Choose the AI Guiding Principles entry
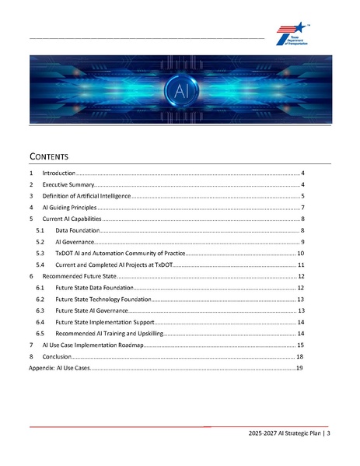pos(69,208)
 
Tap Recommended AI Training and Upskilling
pos(109,333)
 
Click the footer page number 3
pos(329,433)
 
